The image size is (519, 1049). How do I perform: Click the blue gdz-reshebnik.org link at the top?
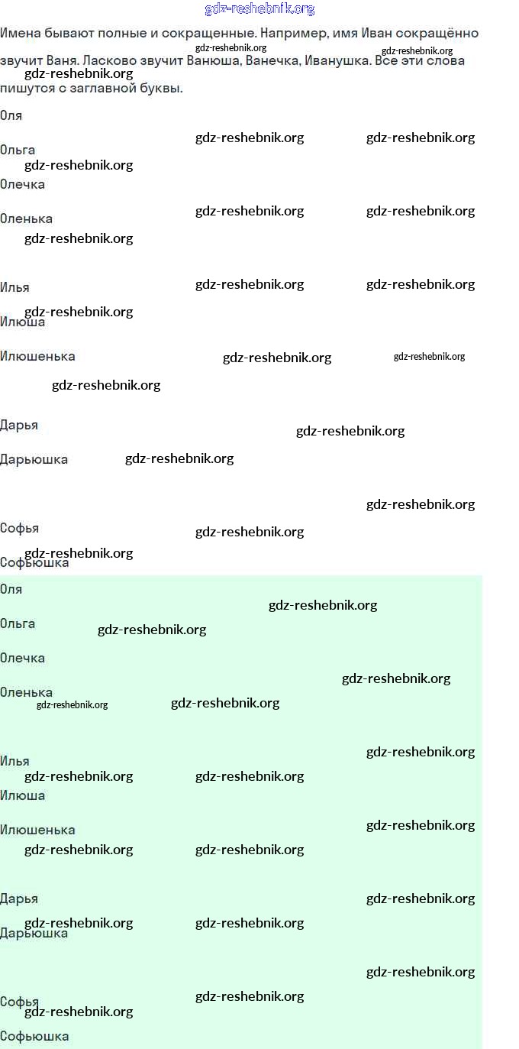tap(259, 8)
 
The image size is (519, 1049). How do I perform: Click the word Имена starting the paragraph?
tap(20, 34)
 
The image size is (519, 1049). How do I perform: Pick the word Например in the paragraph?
tap(293, 34)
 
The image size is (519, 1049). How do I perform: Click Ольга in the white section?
tap(18, 151)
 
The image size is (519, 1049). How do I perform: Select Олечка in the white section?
tap(22, 185)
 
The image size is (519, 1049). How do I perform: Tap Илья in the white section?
tap(15, 287)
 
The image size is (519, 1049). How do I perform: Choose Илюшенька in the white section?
tap(37, 356)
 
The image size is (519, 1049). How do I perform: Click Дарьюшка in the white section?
tap(34, 460)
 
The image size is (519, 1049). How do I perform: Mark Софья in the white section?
tap(19, 529)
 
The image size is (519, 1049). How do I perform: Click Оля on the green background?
tap(11, 590)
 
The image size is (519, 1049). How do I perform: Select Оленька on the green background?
tap(26, 693)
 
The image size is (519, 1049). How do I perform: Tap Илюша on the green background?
tap(22, 795)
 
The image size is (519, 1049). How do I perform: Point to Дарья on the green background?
tap(19, 899)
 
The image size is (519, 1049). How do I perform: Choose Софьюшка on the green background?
tap(34, 1036)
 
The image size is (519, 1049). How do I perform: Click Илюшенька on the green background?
tap(37, 830)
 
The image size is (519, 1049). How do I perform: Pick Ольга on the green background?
tap(18, 623)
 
